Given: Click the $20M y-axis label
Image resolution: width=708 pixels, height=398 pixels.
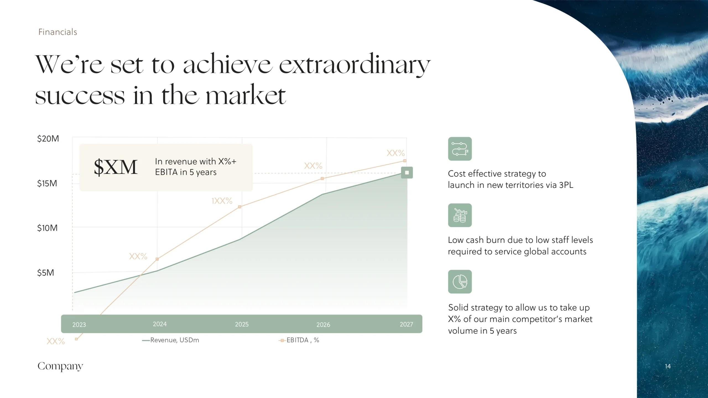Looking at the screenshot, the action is pyautogui.click(x=48, y=138).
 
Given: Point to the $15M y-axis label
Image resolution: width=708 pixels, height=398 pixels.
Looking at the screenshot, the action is pyautogui.click(x=47, y=183).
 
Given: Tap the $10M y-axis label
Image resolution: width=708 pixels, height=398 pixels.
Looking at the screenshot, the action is pyautogui.click(x=48, y=228).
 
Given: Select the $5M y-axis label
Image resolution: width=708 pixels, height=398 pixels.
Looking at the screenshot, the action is pyautogui.click(x=46, y=273).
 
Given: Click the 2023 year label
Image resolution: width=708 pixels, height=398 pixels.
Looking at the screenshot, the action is pyautogui.click(x=79, y=324).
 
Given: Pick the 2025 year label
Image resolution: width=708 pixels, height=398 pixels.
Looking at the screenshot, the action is pyautogui.click(x=242, y=324).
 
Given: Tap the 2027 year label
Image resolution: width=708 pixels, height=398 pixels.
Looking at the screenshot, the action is pyautogui.click(x=406, y=324).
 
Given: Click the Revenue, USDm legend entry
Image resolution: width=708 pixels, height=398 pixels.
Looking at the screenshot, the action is pyautogui.click(x=171, y=340).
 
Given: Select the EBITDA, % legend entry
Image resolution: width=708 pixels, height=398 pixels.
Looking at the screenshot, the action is pyautogui.click(x=299, y=340).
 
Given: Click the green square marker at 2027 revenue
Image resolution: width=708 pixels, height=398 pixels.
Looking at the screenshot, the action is pyautogui.click(x=407, y=172).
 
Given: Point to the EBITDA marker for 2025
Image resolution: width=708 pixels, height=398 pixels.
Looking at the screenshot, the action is pyautogui.click(x=240, y=207).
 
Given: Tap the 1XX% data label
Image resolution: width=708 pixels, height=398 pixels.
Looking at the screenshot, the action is pyautogui.click(x=222, y=201).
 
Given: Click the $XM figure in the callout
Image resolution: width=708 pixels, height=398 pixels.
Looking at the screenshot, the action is pyautogui.click(x=116, y=167).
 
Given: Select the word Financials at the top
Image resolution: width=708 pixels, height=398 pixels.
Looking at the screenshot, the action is pyautogui.click(x=58, y=32).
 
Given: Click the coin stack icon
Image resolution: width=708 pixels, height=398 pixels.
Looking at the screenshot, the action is pyautogui.click(x=460, y=215).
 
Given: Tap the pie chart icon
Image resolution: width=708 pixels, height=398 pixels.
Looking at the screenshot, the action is pyautogui.click(x=460, y=282).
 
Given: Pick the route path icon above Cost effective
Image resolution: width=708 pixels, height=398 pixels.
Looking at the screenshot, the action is pyautogui.click(x=460, y=149).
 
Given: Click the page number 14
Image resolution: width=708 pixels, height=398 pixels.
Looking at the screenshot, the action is pyautogui.click(x=668, y=366).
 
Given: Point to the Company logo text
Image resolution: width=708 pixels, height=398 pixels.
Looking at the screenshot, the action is pyautogui.click(x=60, y=366).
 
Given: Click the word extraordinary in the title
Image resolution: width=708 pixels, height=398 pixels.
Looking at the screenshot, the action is pyautogui.click(x=355, y=65).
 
